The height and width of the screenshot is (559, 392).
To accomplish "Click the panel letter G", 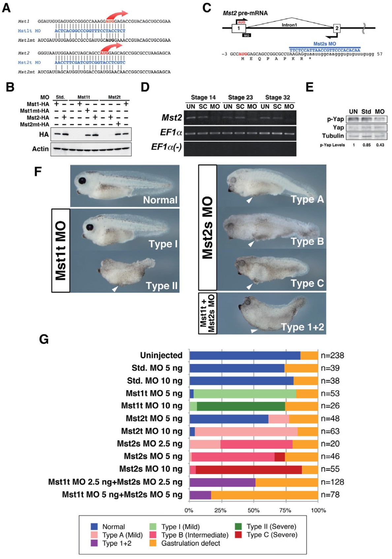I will tap(44, 339).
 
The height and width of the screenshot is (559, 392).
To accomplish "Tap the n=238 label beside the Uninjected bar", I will tap(332, 355).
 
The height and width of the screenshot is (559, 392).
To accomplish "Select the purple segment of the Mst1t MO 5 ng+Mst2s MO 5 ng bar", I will tap(200, 495).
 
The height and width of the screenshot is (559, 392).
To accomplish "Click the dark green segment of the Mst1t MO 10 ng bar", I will tap(241, 406).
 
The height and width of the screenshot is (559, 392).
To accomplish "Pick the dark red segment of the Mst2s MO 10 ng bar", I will tap(248, 469).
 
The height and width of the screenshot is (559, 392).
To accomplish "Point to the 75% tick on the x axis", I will tap(285, 510).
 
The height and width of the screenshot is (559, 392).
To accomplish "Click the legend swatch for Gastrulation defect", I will tap(153, 543).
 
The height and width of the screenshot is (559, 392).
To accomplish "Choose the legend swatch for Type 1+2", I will tap(94, 543).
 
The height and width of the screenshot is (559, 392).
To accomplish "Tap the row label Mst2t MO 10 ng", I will tap(152, 431).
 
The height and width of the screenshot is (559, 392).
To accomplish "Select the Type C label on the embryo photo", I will tap(307, 283).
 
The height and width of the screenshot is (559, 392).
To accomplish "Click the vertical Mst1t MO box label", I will tap(61, 250).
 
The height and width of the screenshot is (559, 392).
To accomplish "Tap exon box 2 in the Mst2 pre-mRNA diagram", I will tap(337, 28).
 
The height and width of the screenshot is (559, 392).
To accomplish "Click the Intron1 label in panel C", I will tap(289, 25).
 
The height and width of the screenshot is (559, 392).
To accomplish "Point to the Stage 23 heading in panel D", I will tap(240, 97).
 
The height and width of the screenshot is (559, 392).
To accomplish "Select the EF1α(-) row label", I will tap(166, 147).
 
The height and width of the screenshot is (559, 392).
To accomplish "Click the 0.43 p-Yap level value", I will tap(380, 145).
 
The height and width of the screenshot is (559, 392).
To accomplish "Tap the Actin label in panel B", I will tap(40, 149).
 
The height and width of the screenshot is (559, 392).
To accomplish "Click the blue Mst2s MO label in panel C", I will tap(325, 44).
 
